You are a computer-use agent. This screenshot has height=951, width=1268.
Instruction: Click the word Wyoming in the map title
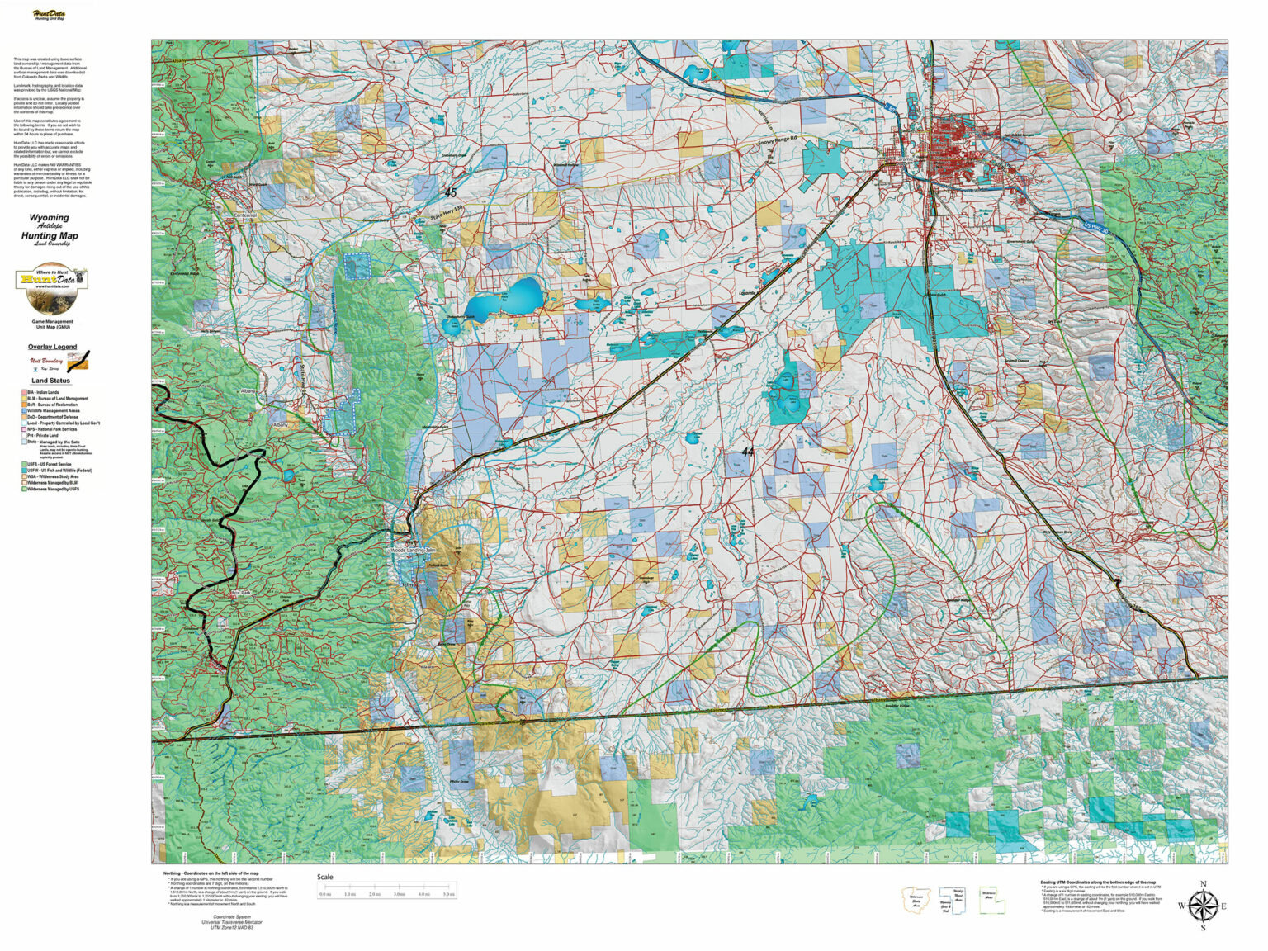50,218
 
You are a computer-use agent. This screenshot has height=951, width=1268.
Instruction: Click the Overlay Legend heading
52,347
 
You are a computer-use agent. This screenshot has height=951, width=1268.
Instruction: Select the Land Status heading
51,381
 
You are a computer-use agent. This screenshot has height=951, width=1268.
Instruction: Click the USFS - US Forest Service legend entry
49,465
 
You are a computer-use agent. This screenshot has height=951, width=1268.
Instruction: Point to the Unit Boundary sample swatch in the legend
78,361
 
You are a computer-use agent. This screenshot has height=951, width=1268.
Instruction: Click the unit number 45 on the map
450,192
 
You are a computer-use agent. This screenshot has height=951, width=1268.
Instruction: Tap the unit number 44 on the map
747,452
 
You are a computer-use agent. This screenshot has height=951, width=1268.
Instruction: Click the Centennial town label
245,215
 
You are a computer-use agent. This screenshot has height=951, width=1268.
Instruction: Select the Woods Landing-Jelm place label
413,550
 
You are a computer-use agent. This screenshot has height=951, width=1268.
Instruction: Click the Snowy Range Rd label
781,141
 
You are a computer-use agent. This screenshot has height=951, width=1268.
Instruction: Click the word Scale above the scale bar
325,877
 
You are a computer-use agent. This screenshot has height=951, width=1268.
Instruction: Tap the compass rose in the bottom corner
1202,905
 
